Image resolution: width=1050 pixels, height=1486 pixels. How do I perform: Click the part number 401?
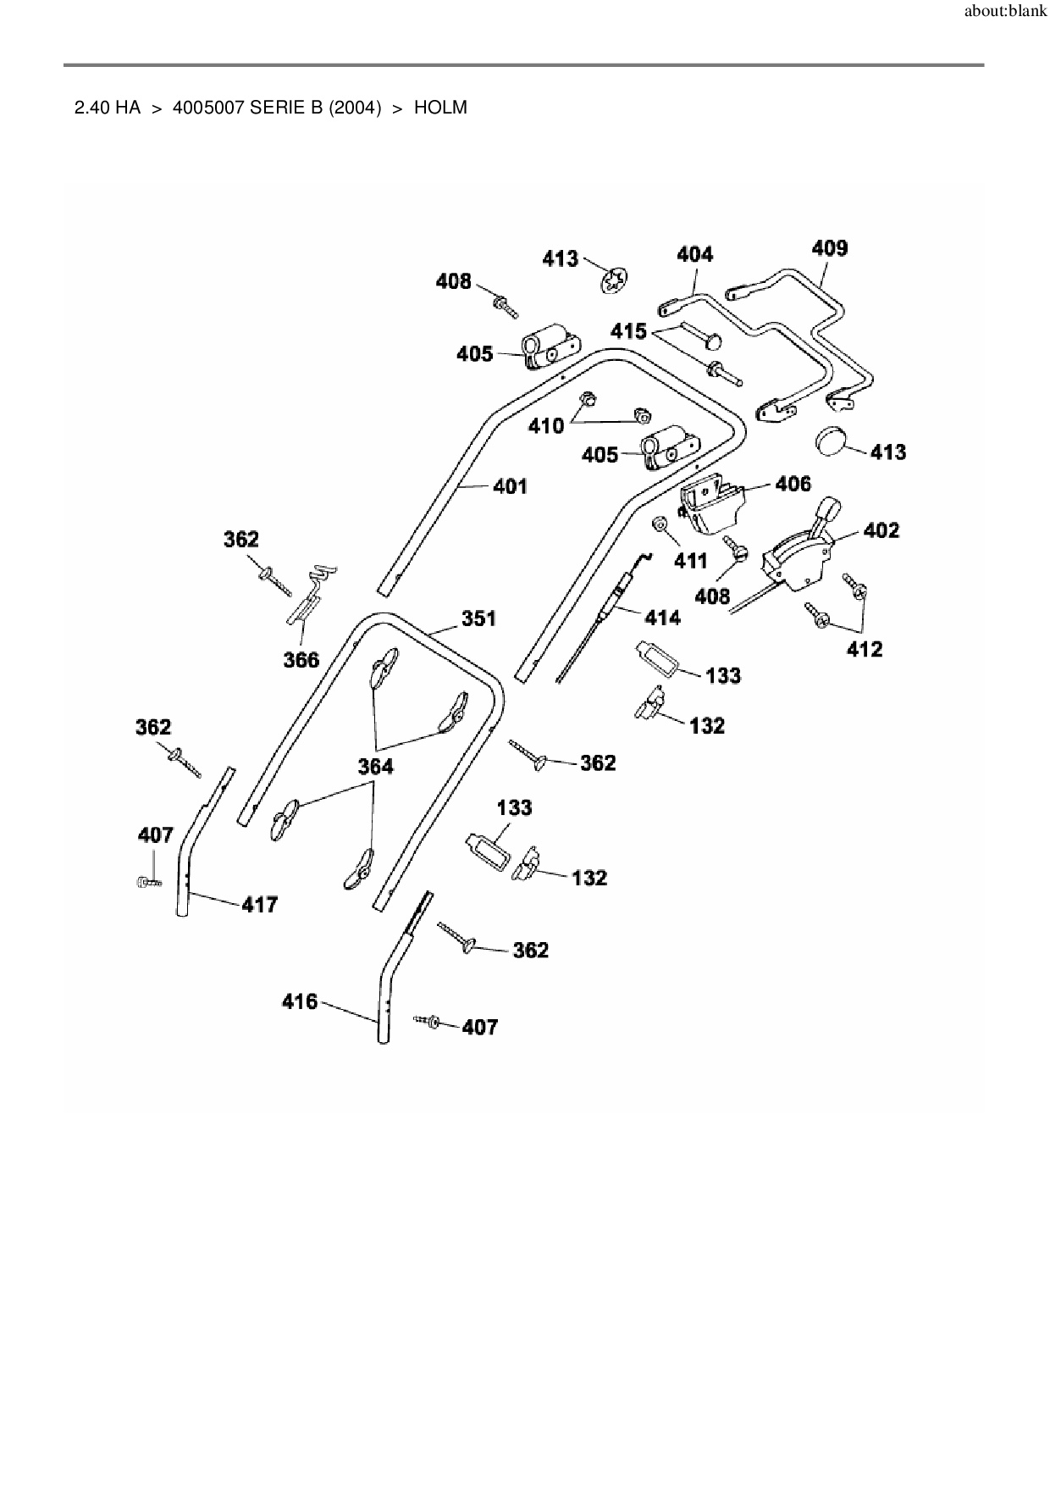pos(510,486)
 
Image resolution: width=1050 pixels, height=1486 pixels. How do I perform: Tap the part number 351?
pos(478,619)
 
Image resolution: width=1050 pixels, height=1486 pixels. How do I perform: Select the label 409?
pos(829,248)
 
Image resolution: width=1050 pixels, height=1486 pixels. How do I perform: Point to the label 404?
pos(694,254)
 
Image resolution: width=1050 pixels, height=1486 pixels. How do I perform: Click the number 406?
pos(793,484)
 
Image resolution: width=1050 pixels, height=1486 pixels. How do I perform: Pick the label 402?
pos(881,530)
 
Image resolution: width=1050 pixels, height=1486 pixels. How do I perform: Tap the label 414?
pos(662,618)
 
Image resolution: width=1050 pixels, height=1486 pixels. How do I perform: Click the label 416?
pos(300,1002)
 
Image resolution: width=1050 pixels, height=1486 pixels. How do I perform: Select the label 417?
pos(260,905)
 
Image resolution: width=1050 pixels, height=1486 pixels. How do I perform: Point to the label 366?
pos(301,660)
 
